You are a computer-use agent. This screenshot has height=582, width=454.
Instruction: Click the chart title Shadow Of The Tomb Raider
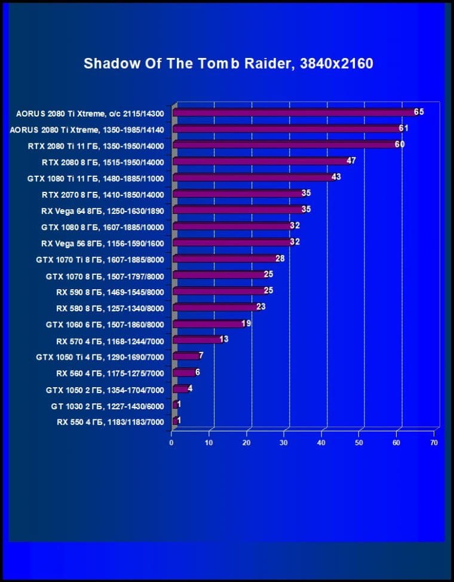point(228,63)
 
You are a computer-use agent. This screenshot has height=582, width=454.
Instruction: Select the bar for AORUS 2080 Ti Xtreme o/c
point(295,112)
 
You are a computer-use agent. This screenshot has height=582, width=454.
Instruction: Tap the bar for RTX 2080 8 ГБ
point(261,161)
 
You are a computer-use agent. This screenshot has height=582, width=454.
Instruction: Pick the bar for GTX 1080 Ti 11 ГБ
point(253,177)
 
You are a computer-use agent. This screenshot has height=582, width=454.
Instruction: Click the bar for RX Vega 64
point(238,210)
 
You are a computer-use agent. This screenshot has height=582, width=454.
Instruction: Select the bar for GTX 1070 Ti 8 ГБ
point(225,259)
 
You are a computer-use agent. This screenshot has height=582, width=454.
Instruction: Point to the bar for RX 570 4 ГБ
point(197,340)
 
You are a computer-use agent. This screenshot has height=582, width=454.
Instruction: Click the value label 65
point(419,112)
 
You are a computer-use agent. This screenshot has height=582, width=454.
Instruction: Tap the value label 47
point(351,161)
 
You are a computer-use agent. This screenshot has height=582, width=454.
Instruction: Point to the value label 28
point(280,258)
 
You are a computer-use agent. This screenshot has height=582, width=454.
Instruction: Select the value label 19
point(246,323)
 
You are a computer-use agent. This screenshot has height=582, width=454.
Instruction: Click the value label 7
point(201,356)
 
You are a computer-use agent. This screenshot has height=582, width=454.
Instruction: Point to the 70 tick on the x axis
point(434,443)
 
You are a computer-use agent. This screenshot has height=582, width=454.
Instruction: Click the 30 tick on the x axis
point(284,443)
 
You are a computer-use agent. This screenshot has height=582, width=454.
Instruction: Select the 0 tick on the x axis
point(171,443)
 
